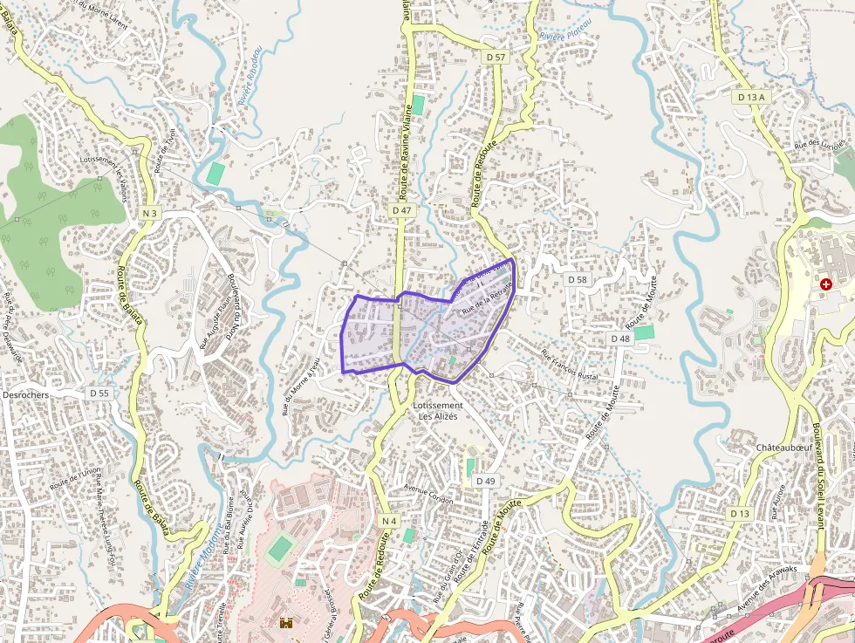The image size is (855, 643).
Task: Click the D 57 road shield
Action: coord(495,57)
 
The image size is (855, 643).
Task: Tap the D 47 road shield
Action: coord(401,211)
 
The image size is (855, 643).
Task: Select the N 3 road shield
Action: coord(149,213)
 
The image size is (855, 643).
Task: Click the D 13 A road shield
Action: coord(750,98)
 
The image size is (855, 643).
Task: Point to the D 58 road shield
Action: coord(577,279)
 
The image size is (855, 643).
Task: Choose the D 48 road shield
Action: coord(619,338)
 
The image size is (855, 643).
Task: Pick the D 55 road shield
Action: coord(99,393)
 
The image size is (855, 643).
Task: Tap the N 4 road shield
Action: coord(389,521)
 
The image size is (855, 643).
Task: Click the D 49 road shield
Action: coord(485,481)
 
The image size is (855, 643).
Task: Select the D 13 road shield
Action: coord(740,514)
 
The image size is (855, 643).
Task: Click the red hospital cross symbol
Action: coord(825,284)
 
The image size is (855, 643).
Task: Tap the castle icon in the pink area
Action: coord(285,622)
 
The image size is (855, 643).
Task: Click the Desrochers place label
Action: coord(26,394)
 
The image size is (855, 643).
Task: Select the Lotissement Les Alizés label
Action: coord(438,411)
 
